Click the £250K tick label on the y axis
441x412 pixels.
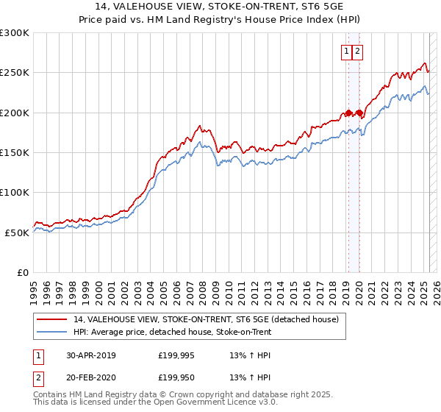(x=15, y=73)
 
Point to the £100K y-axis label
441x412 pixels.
(x=15, y=192)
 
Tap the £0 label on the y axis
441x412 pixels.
(x=23, y=272)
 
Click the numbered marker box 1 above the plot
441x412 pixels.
(x=345, y=51)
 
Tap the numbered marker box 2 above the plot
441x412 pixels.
(x=357, y=51)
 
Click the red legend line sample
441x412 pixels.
(x=51, y=319)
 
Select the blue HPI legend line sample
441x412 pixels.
(x=51, y=332)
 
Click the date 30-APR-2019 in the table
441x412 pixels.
(x=90, y=355)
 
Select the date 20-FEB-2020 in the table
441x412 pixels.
(x=90, y=379)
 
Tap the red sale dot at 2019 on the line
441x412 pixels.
(x=348, y=113)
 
